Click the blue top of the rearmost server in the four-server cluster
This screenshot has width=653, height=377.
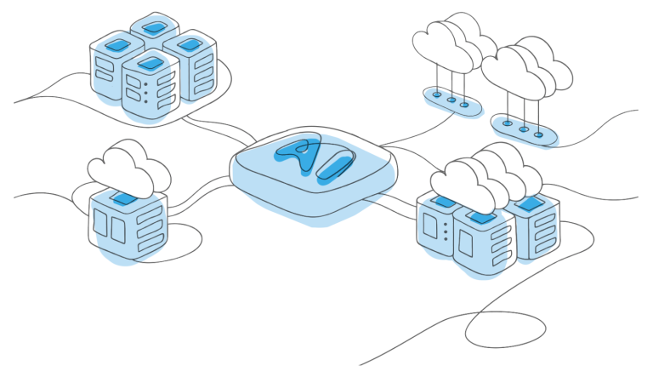(153, 28)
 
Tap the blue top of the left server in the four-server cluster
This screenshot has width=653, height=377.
(118, 42)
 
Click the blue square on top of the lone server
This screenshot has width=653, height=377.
(124, 197)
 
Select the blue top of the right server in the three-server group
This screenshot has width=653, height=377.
(529, 204)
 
